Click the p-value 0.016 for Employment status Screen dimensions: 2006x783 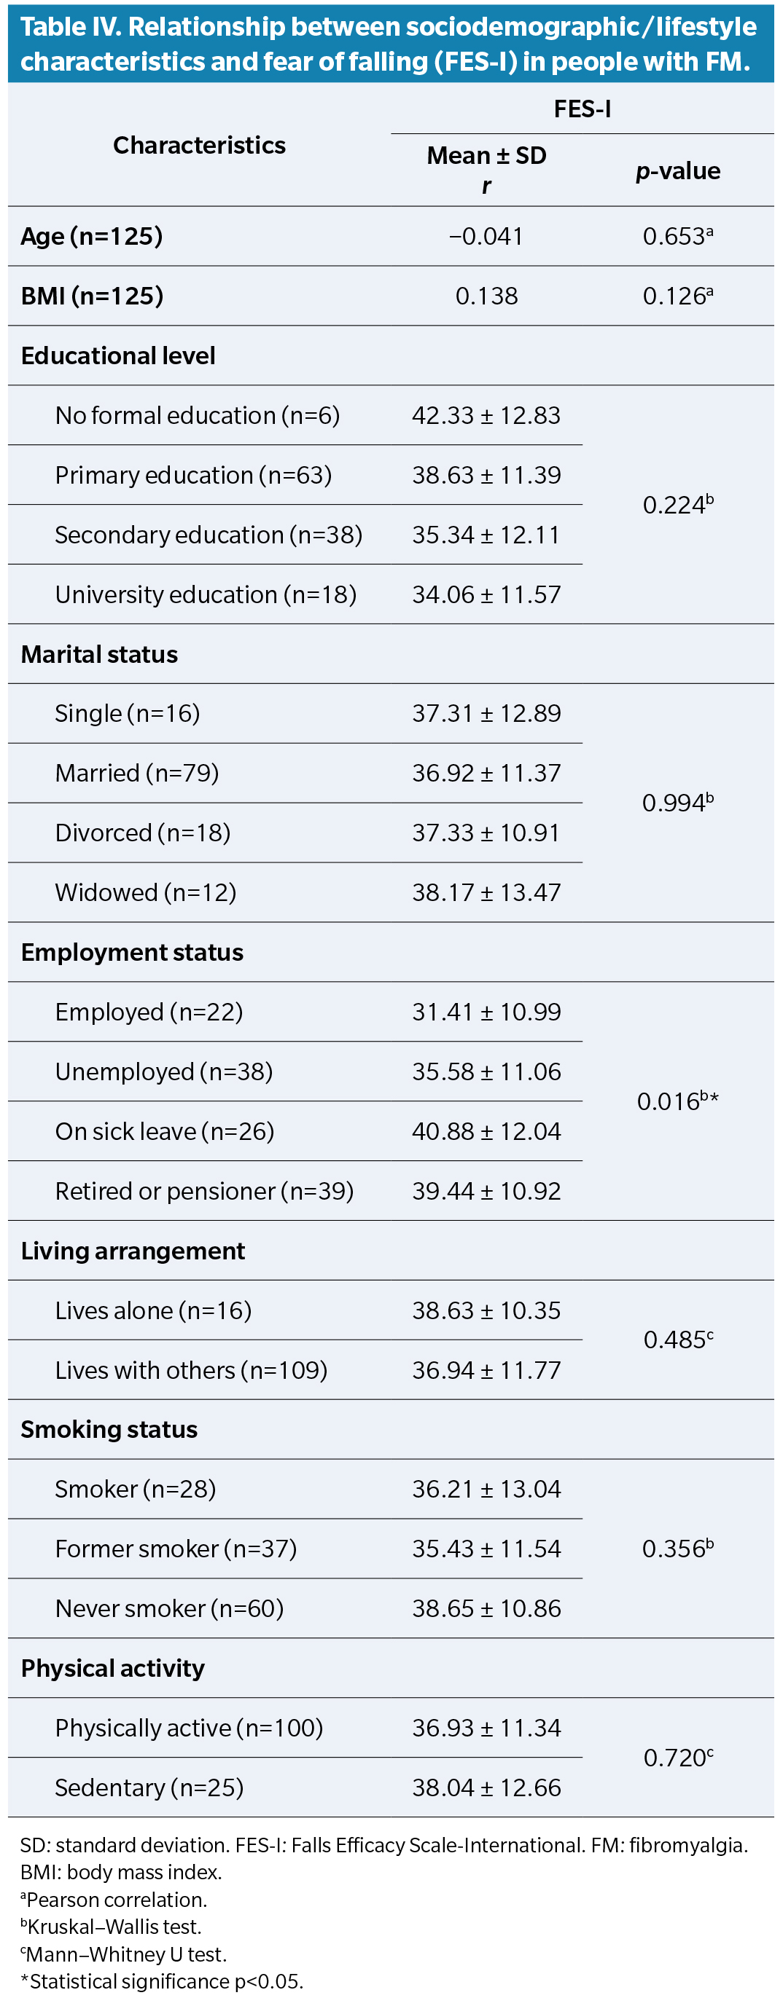(677, 1101)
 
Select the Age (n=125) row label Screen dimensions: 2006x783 (92, 236)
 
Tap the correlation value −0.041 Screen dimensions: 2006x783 (486, 236)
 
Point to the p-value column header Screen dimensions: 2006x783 (678, 170)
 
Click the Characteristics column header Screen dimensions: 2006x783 (200, 145)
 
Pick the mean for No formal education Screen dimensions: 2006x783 (486, 415)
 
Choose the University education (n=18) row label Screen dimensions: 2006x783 (206, 594)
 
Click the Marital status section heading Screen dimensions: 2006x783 (100, 654)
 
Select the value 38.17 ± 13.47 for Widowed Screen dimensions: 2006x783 (486, 892)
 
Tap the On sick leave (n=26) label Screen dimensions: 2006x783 (164, 1130)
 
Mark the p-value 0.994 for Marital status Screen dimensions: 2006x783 (677, 803)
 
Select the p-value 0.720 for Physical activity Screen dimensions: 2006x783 (678, 1758)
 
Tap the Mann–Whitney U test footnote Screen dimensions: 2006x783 (124, 1954)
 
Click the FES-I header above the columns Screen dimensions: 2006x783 (582, 109)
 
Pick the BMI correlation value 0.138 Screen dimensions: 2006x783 (486, 296)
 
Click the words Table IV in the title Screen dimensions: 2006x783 (69, 27)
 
